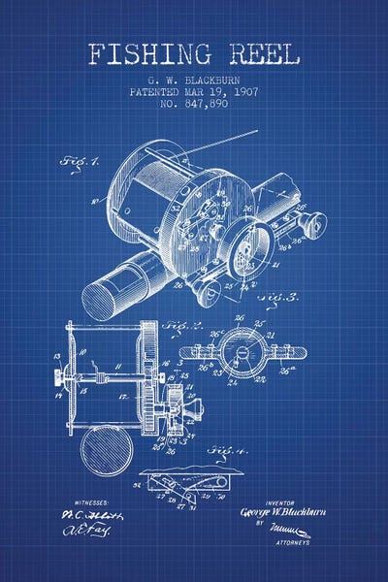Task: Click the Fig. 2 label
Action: tap(181, 326)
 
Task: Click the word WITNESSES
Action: tap(84, 503)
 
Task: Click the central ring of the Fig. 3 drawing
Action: tap(240, 351)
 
